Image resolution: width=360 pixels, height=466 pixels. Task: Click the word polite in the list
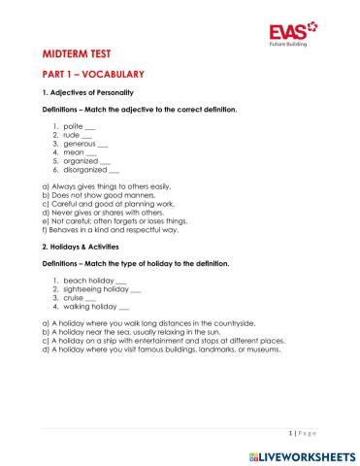point(74,127)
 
